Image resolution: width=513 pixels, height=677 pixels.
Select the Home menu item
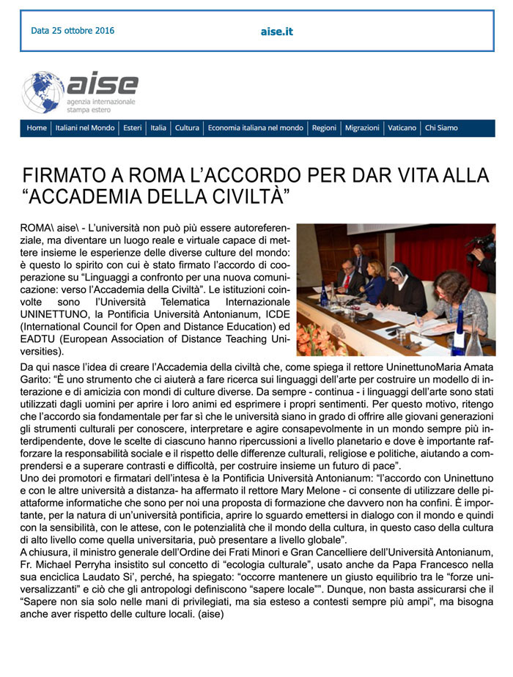(37, 128)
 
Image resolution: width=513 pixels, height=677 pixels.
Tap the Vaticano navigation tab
(402, 128)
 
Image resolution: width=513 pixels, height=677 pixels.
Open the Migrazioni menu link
(362, 128)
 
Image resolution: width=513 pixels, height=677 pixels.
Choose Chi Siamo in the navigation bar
(441, 128)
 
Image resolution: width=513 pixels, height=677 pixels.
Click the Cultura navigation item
(187, 128)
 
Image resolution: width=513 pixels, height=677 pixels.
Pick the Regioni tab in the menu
(324, 128)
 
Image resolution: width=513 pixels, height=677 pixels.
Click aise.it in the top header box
(276, 32)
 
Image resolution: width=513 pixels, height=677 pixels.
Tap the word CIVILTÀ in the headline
(237, 196)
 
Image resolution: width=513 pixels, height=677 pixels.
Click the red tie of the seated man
(346, 283)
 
